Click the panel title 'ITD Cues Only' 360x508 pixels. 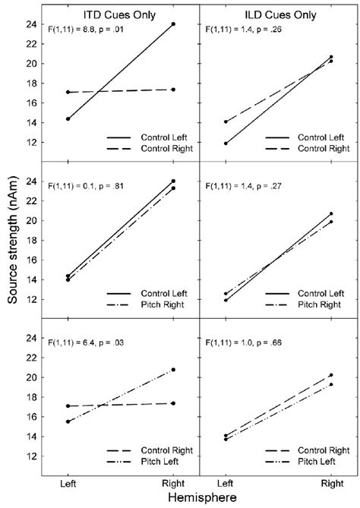point(121,11)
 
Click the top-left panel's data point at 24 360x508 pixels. point(174,24)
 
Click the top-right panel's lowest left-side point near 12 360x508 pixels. point(226,143)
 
